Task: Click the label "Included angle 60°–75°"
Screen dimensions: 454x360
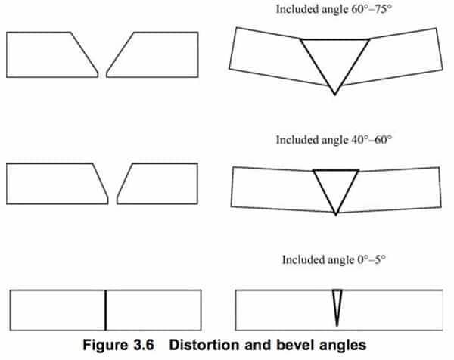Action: [x=334, y=9]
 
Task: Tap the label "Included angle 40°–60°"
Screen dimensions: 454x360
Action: [x=334, y=140]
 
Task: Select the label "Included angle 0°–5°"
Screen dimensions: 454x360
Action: [x=334, y=260]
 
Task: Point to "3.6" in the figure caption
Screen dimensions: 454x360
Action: [x=144, y=345]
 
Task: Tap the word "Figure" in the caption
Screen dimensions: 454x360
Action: [x=105, y=345]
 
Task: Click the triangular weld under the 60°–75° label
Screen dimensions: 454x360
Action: [x=335, y=58]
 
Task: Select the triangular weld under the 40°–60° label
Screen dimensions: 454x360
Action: [x=336, y=185]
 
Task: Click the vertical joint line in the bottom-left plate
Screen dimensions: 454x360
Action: [x=106, y=310]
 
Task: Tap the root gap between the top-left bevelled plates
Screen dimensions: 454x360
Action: [x=102, y=74]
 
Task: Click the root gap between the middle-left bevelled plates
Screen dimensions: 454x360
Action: [x=113, y=200]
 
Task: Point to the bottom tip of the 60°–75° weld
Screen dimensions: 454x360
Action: [x=335, y=95]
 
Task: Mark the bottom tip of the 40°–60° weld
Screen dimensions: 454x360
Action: [x=336, y=215]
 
